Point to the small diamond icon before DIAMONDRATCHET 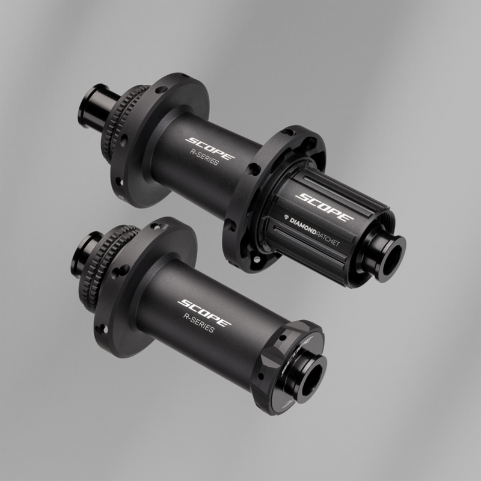[x=286, y=216]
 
